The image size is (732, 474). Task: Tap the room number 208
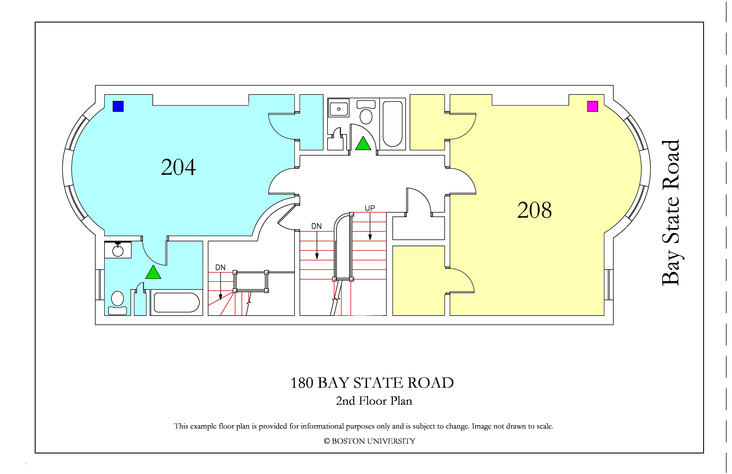pos(535,211)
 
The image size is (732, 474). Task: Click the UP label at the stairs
pos(370,208)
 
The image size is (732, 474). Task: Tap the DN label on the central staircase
pos(316,226)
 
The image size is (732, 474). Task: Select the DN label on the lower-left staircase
pos(220,267)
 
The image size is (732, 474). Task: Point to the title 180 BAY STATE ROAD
pos(372,383)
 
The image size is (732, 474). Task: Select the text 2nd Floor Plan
pos(374,401)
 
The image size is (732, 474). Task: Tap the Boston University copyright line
pos(369,441)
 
